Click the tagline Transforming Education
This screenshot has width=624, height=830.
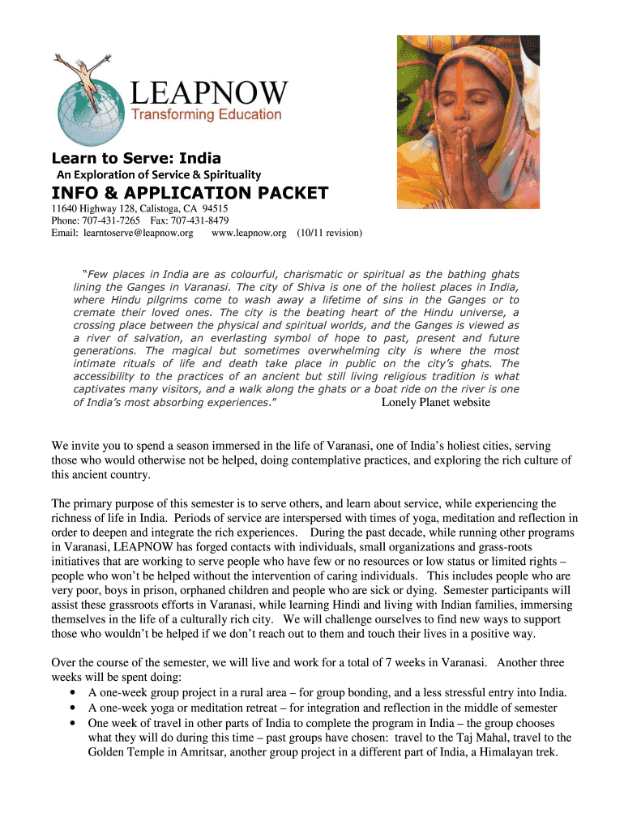point(207,115)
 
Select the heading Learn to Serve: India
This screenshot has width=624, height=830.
point(136,157)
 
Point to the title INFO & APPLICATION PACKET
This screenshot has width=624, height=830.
point(190,193)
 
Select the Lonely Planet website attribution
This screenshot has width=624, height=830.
point(436,403)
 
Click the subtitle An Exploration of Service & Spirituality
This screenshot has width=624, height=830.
point(158,175)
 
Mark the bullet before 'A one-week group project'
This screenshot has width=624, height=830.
point(75,693)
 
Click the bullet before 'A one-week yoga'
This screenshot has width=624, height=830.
point(75,708)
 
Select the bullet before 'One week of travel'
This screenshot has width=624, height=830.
point(75,723)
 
